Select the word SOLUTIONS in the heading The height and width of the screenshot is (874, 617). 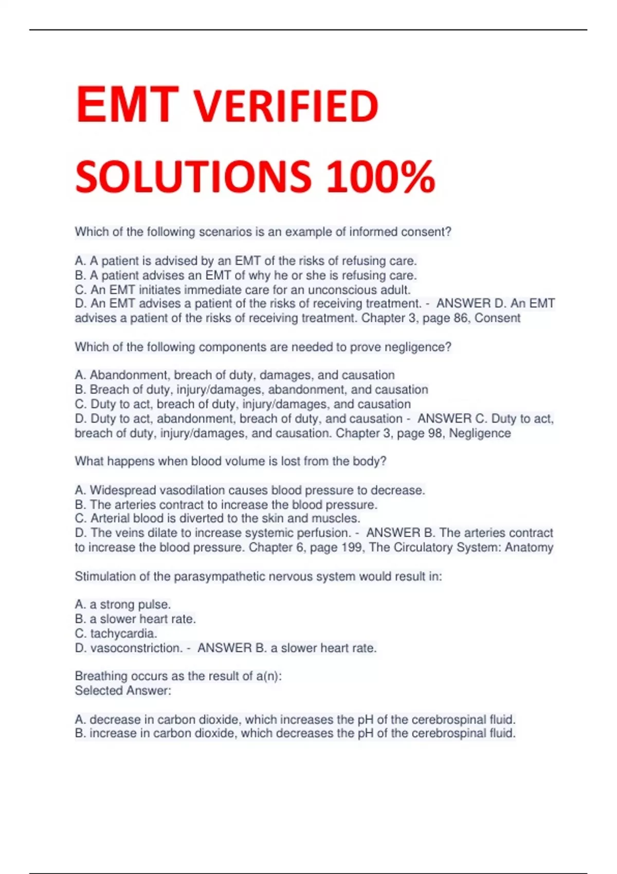coord(193,177)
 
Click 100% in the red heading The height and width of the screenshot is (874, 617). coord(380,177)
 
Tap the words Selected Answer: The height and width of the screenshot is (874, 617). coord(123,690)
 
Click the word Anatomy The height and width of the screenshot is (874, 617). coord(529,548)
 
